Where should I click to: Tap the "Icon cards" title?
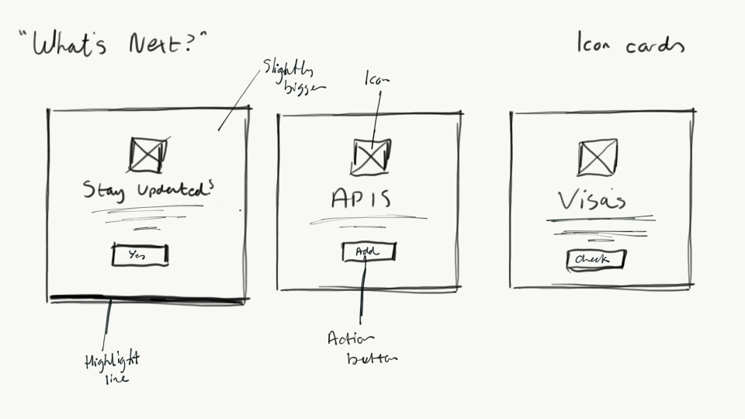pyautogui.click(x=630, y=45)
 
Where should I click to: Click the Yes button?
pyautogui.click(x=140, y=255)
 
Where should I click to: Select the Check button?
pyautogui.click(x=596, y=260)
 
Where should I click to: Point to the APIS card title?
pyautogui.click(x=361, y=199)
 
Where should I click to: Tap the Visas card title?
pyautogui.click(x=593, y=200)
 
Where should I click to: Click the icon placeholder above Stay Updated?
pyautogui.click(x=147, y=154)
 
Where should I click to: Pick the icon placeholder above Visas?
pyautogui.click(x=598, y=158)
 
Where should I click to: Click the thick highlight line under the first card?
pyautogui.click(x=147, y=297)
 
